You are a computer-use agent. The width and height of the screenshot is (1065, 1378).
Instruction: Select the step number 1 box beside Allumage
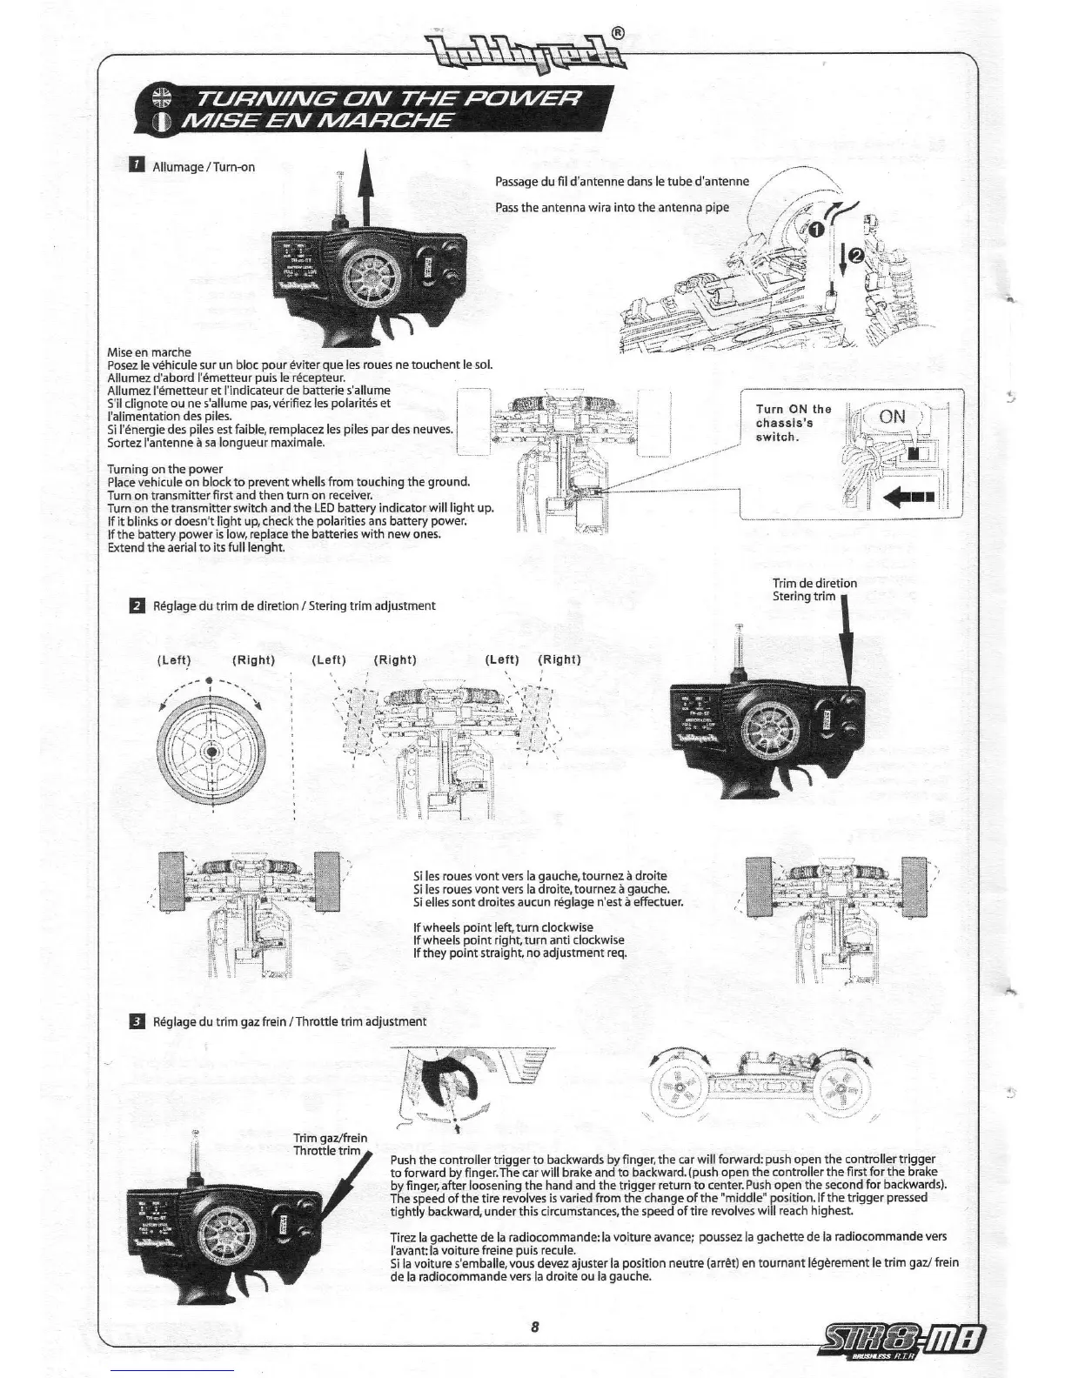click(137, 165)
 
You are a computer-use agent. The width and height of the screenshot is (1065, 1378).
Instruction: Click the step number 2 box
click(137, 605)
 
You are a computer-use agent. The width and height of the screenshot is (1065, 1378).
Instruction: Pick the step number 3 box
click(137, 1020)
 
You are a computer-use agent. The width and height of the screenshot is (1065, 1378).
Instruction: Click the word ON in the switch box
click(892, 417)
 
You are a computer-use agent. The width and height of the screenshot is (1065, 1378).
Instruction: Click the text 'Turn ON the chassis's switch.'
click(793, 423)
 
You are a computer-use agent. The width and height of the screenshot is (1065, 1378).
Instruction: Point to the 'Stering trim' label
click(803, 596)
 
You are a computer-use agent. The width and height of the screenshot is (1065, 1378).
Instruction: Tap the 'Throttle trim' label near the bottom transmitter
click(326, 1151)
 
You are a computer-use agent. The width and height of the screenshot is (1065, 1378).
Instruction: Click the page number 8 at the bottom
click(534, 1327)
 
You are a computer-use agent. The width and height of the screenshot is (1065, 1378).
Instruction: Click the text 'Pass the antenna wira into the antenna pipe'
click(612, 207)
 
